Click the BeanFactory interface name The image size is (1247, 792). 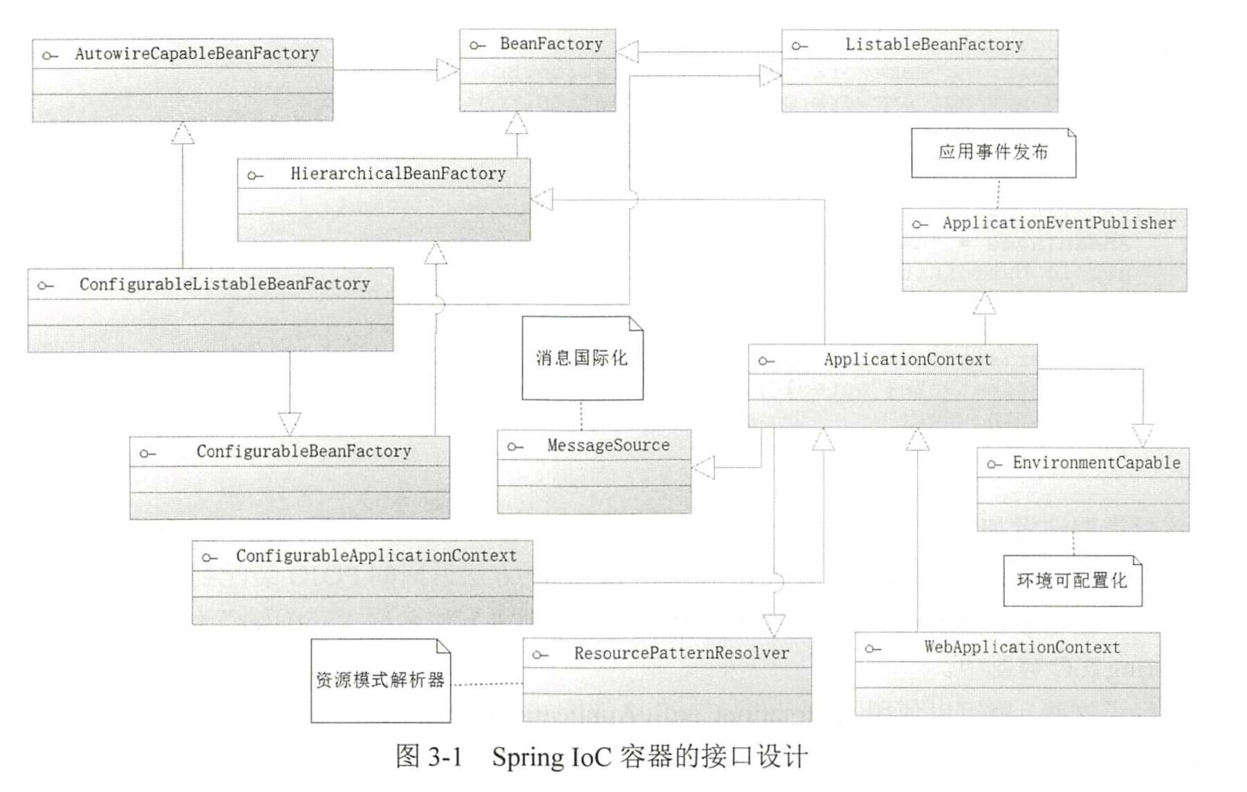click(551, 44)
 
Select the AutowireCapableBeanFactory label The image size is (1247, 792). click(197, 53)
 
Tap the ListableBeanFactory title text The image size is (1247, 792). click(934, 44)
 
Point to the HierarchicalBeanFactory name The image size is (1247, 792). click(398, 173)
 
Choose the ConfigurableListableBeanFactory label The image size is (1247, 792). click(224, 284)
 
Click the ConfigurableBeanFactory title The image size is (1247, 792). click(304, 451)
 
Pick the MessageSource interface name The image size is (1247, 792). click(608, 445)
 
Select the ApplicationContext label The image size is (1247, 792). click(908, 359)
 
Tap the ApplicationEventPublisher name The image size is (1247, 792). click(1059, 223)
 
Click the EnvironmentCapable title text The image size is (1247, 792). click(1096, 463)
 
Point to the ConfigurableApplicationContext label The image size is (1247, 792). click(376, 555)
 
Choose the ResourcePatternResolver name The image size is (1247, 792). click(682, 653)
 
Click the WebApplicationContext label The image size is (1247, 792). click(1022, 647)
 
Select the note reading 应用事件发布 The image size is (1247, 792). click(993, 152)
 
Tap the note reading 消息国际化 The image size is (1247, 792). click(582, 358)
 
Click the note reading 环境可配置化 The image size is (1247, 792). click(1072, 580)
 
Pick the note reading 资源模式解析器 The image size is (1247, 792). click(380, 680)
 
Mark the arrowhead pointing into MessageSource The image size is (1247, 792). click(703, 467)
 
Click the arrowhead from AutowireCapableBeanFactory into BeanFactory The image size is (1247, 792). click(448, 70)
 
